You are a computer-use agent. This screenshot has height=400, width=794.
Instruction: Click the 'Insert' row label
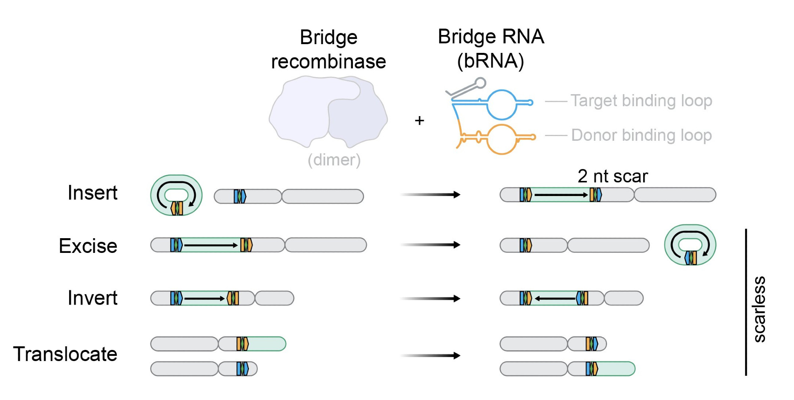click(x=93, y=193)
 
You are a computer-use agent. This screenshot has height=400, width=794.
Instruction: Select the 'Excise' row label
click(x=88, y=246)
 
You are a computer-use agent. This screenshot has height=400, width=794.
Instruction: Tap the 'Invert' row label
click(x=93, y=298)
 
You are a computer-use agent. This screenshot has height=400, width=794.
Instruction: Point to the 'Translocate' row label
click(x=65, y=354)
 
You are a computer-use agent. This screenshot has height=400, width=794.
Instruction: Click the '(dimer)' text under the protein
click(x=334, y=160)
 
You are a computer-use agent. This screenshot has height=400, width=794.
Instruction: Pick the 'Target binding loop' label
click(x=642, y=101)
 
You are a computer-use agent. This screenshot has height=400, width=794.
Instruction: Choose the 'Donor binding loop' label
click(x=642, y=135)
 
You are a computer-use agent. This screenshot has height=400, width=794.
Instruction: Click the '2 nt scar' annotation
click(x=613, y=176)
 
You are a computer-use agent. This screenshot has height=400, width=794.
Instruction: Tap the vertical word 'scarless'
click(x=759, y=309)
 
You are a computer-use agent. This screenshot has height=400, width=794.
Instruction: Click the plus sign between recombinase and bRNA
click(x=420, y=120)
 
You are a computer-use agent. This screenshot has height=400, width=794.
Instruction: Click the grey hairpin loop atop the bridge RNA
click(x=480, y=83)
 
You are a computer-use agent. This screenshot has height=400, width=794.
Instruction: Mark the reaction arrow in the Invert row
click(x=430, y=298)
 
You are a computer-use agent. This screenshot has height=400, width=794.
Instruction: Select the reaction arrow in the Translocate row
click(x=430, y=355)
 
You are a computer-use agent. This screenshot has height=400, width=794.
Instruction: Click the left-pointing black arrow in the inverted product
click(x=555, y=298)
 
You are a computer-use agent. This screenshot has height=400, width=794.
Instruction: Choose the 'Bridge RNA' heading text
click(x=491, y=37)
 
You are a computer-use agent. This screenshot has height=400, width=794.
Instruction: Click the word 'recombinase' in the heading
click(x=329, y=62)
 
